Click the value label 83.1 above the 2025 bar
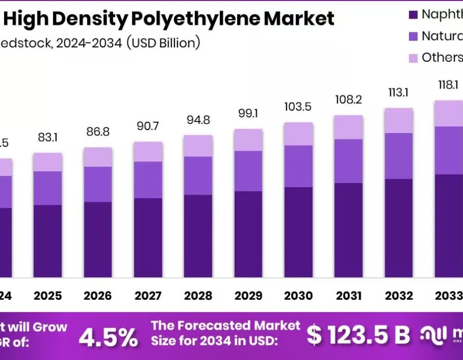(x=47, y=138)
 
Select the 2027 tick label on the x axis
(x=148, y=296)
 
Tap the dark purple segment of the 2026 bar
(x=98, y=239)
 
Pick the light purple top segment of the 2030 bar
(x=298, y=134)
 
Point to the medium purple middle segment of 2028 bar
(x=198, y=175)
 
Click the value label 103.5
(x=298, y=107)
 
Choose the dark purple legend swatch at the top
(x=413, y=14)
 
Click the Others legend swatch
(x=413, y=58)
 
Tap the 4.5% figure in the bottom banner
(x=109, y=337)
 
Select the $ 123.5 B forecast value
(x=359, y=335)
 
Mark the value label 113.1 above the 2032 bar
(x=399, y=93)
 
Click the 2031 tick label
(x=349, y=296)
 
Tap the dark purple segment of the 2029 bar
(x=248, y=234)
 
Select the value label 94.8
(x=198, y=120)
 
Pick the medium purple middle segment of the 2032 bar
(x=399, y=156)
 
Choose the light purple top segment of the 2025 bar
(x=47, y=162)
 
